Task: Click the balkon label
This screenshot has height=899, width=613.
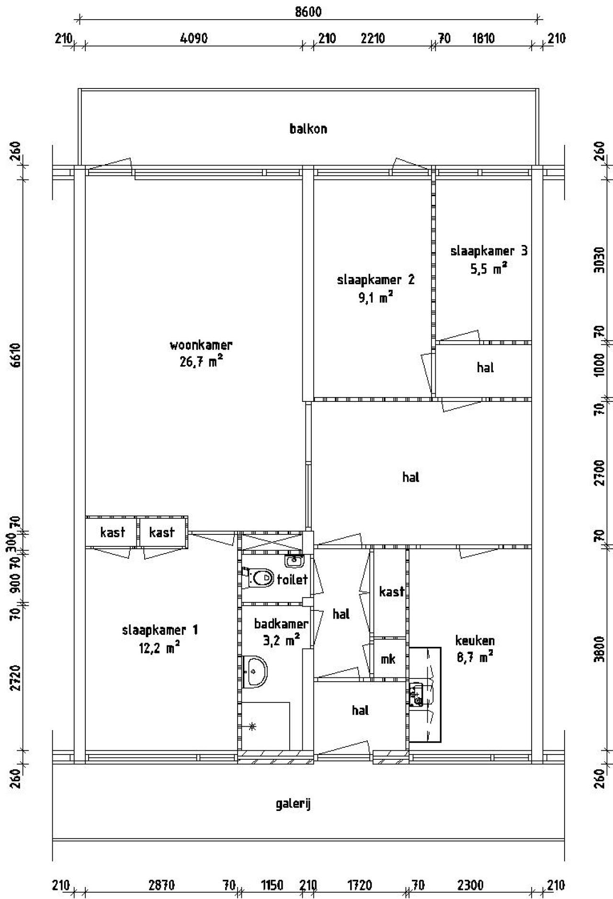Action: click(x=308, y=129)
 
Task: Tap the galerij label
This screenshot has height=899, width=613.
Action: click(x=294, y=804)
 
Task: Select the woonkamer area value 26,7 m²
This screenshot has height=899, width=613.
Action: click(x=201, y=362)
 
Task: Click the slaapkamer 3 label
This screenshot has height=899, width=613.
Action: click(x=489, y=251)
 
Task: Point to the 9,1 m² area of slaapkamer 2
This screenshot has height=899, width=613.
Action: click(x=376, y=298)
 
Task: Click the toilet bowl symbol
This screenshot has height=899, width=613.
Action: click(x=259, y=578)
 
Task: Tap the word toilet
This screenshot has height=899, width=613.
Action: click(x=292, y=580)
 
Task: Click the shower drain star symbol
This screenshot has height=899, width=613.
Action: click(x=252, y=727)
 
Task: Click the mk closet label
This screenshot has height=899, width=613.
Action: click(x=388, y=659)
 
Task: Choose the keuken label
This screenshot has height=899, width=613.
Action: click(x=475, y=640)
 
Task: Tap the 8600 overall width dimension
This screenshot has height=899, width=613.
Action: click(x=308, y=12)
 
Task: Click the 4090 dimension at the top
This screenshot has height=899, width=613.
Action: click(x=193, y=38)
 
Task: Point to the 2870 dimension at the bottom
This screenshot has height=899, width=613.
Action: click(x=161, y=885)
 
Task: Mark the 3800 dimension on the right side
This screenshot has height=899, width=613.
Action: click(x=599, y=648)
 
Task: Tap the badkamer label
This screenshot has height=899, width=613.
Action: click(x=281, y=623)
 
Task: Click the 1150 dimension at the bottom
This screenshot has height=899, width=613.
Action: click(x=272, y=885)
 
